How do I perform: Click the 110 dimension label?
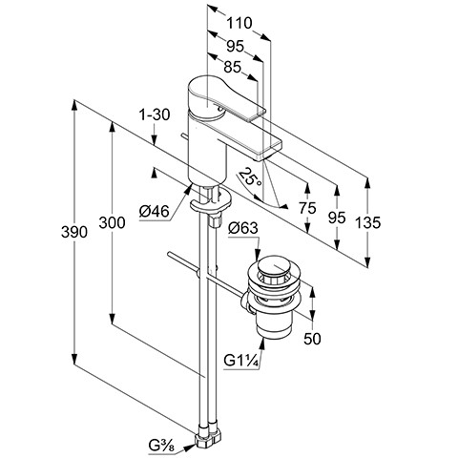tap(239, 23)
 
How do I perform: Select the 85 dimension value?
tap(233, 67)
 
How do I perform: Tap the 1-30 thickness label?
tap(155, 114)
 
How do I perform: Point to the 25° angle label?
tap(251, 177)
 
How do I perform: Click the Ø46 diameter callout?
tap(155, 211)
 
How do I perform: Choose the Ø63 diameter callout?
tap(243, 228)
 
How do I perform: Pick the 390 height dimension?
tap(74, 232)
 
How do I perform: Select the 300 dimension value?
tap(112, 222)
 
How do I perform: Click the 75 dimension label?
tap(307, 208)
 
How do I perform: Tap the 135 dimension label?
tap(367, 222)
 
